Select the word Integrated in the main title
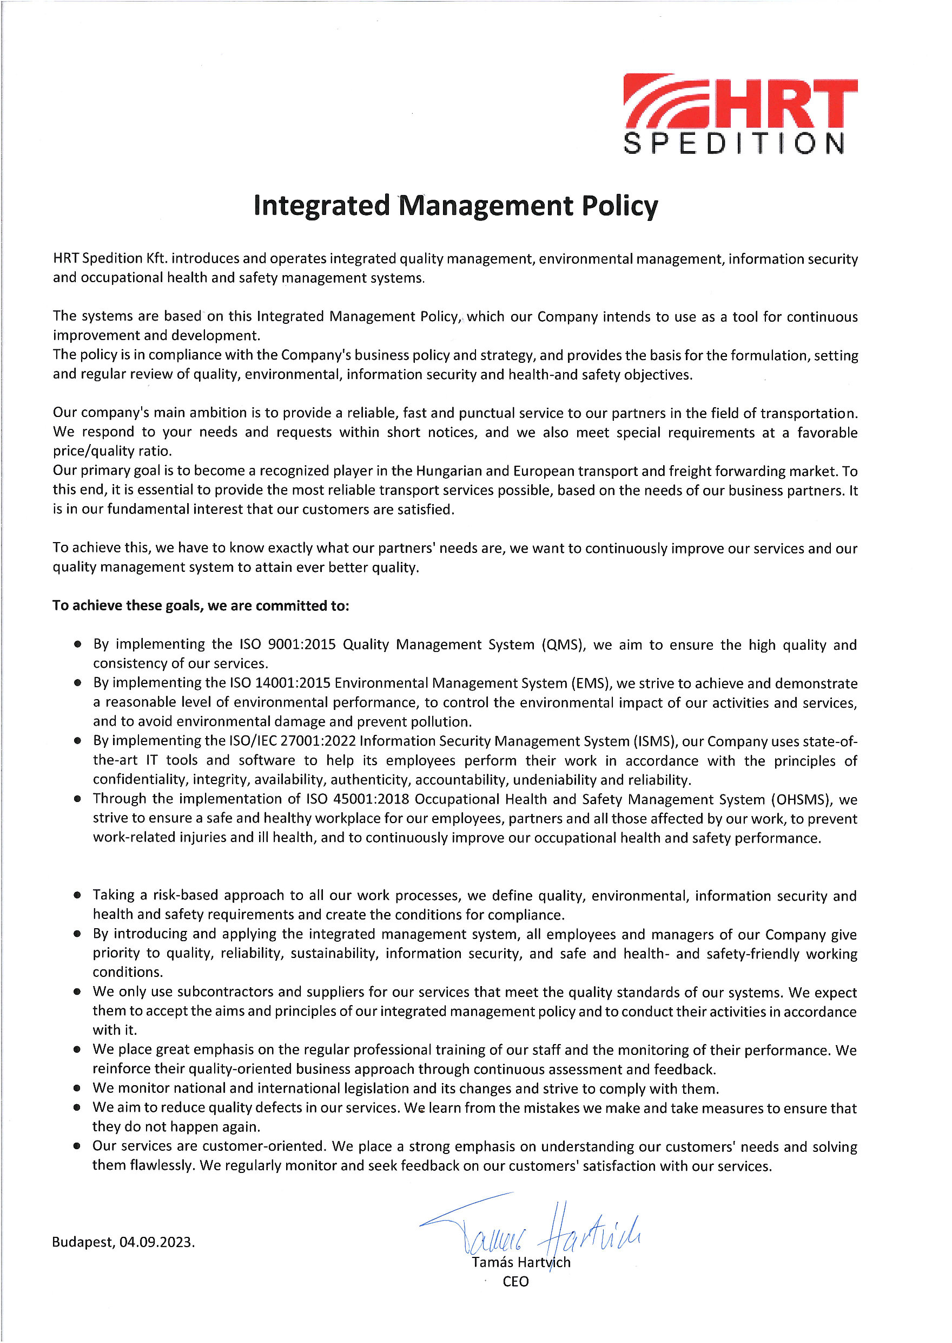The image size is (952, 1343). click(321, 206)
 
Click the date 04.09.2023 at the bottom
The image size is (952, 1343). click(157, 1242)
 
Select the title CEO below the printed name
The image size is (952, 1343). click(515, 1281)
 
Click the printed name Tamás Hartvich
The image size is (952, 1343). click(520, 1262)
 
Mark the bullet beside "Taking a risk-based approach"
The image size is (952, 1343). click(77, 896)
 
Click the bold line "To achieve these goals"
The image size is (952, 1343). click(201, 605)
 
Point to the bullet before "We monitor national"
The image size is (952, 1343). click(77, 1088)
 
